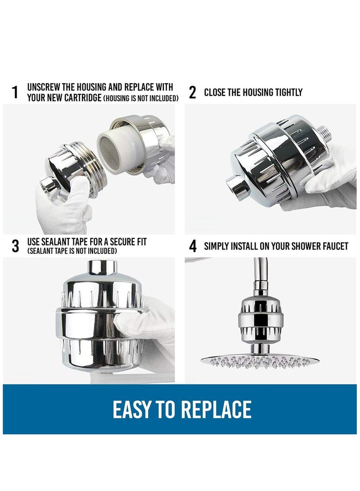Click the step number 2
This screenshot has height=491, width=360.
[x=193, y=93]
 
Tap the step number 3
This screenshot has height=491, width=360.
[x=15, y=246]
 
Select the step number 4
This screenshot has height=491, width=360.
[x=193, y=246]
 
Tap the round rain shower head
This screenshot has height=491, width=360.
[x=261, y=360]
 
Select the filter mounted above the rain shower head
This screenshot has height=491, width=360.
[x=260, y=319]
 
